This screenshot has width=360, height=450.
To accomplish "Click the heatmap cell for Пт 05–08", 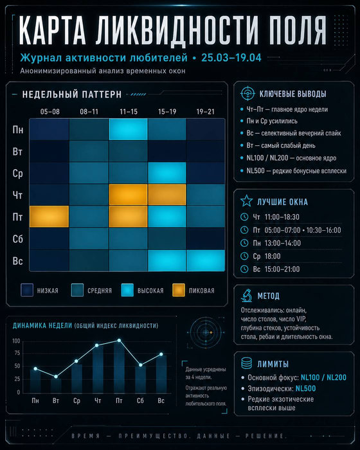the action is pyautogui.click(x=49, y=217).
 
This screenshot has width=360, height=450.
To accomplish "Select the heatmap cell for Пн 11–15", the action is pyautogui.click(x=129, y=129).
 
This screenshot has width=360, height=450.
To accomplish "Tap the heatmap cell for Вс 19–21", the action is pyautogui.click(x=206, y=260).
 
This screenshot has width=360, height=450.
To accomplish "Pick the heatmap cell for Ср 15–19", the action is pyautogui.click(x=167, y=173).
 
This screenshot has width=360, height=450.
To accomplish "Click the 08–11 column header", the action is pyautogui.click(x=89, y=112).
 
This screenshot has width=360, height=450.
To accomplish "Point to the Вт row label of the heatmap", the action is pyautogui.click(x=17, y=151).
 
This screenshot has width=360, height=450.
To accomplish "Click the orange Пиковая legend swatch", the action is pyautogui.click(x=179, y=290).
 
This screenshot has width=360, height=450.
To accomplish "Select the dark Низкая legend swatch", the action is pyautogui.click(x=27, y=290).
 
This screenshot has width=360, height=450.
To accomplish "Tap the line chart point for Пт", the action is pyautogui.click(x=119, y=341).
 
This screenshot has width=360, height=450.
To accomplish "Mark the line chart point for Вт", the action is pyautogui.click(x=56, y=377).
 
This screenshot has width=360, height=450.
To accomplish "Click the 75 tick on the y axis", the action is pyautogui.click(x=17, y=354).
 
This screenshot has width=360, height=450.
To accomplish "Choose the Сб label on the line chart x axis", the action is pyautogui.click(x=140, y=401).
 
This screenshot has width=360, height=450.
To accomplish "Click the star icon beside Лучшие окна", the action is pyautogui.click(x=247, y=201).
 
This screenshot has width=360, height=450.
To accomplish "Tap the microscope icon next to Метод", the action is pyautogui.click(x=247, y=296).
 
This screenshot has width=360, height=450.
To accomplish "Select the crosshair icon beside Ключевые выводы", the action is pyautogui.click(x=248, y=93).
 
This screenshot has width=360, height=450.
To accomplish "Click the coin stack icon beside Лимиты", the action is pyautogui.click(x=247, y=363).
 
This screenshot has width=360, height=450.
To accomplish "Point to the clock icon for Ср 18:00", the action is pyautogui.click(x=244, y=256).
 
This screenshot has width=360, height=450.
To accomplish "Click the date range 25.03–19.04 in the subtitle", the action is pyautogui.click(x=231, y=58).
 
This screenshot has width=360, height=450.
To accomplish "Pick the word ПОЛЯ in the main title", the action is pyautogui.click(x=298, y=30).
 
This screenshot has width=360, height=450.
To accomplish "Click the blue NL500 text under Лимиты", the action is pyautogui.click(x=305, y=388).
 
